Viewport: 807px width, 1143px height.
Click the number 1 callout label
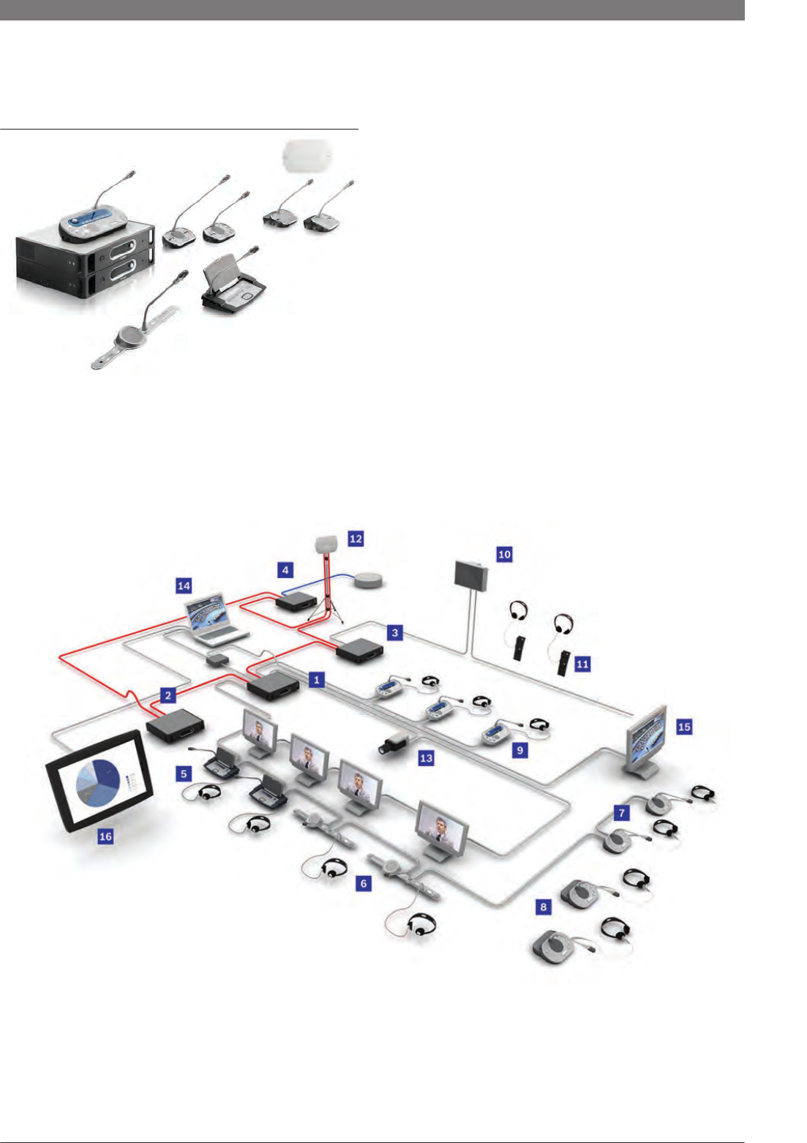[317, 680]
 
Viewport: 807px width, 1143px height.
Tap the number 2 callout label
[168, 695]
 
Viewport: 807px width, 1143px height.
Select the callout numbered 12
[356, 539]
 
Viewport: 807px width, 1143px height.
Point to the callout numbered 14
[184, 586]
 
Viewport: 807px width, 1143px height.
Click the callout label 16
[106, 836]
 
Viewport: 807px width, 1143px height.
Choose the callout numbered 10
[504, 554]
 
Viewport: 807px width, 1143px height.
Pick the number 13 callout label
[426, 758]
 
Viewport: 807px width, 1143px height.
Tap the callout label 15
[684, 727]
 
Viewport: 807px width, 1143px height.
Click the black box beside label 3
[359, 650]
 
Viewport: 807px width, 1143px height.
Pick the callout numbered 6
[363, 883]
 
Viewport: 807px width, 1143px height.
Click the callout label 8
[543, 907]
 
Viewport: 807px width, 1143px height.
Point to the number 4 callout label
[285, 569]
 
